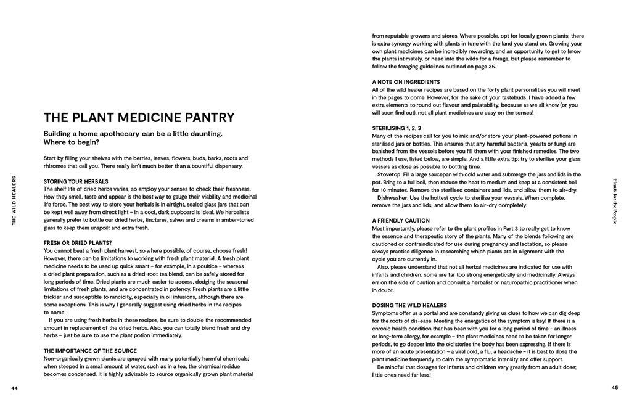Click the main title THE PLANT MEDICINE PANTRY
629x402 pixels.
click(x=139, y=118)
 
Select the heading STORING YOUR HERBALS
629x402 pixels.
click(x=76, y=181)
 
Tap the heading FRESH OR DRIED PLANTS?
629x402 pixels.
click(x=78, y=243)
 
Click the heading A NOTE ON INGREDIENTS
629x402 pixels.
click(x=406, y=82)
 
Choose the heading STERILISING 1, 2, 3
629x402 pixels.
click(x=397, y=128)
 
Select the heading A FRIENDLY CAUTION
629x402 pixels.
click(x=401, y=221)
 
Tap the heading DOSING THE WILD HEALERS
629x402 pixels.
click(x=409, y=306)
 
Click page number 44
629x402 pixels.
click(x=15, y=388)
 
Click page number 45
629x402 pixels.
click(x=614, y=388)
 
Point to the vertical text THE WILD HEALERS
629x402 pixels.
click(x=15, y=200)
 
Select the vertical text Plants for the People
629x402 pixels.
click(x=614, y=201)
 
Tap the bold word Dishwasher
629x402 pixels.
click(x=393, y=198)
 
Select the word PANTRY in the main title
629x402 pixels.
click(x=207, y=118)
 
